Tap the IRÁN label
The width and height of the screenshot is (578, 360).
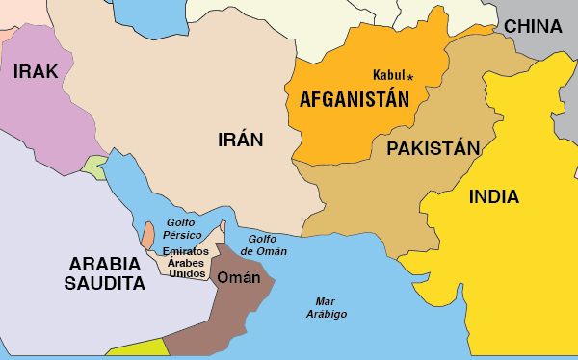[240, 140]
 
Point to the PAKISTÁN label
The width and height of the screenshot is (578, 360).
[433, 148]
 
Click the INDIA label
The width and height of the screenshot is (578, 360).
[494, 197]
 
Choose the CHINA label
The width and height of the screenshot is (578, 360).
[533, 26]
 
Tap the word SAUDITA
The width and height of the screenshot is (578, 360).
[104, 284]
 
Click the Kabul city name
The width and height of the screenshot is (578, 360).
[388, 75]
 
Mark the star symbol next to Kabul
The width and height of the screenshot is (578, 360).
[410, 76]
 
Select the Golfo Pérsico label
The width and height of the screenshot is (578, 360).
[182, 228]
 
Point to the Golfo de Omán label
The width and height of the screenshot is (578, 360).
[262, 244]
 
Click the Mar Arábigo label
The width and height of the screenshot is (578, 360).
[327, 307]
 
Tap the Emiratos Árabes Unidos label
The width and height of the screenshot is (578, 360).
[187, 262]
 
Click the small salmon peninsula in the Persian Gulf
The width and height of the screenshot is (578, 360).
[147, 234]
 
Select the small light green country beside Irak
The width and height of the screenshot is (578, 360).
[94, 167]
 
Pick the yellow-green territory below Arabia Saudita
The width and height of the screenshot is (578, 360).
[135, 348]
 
